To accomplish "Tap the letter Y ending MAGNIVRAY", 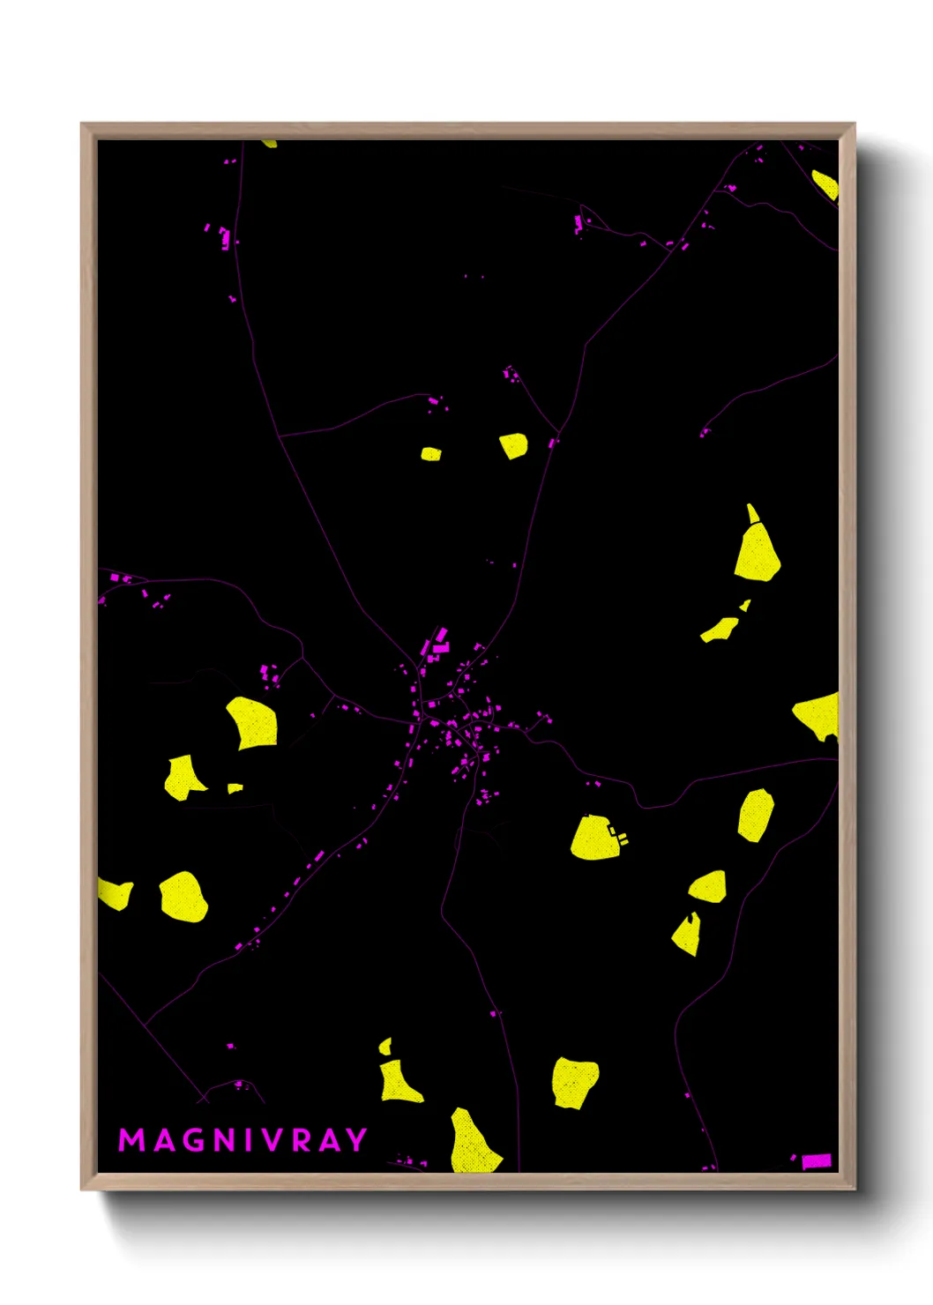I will click(356, 1140).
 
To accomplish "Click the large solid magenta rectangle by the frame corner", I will click(817, 1160).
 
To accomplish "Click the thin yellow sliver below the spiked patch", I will click(720, 630).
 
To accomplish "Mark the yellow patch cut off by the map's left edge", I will click(115, 894).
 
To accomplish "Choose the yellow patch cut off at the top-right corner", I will click(825, 184).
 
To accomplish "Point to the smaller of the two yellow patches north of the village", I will click(430, 454).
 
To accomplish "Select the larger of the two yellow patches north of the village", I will click(513, 445).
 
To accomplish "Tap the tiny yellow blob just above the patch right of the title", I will click(384, 1046).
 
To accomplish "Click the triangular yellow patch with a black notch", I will click(687, 935).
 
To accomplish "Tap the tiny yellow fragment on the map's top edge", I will click(269, 143).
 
